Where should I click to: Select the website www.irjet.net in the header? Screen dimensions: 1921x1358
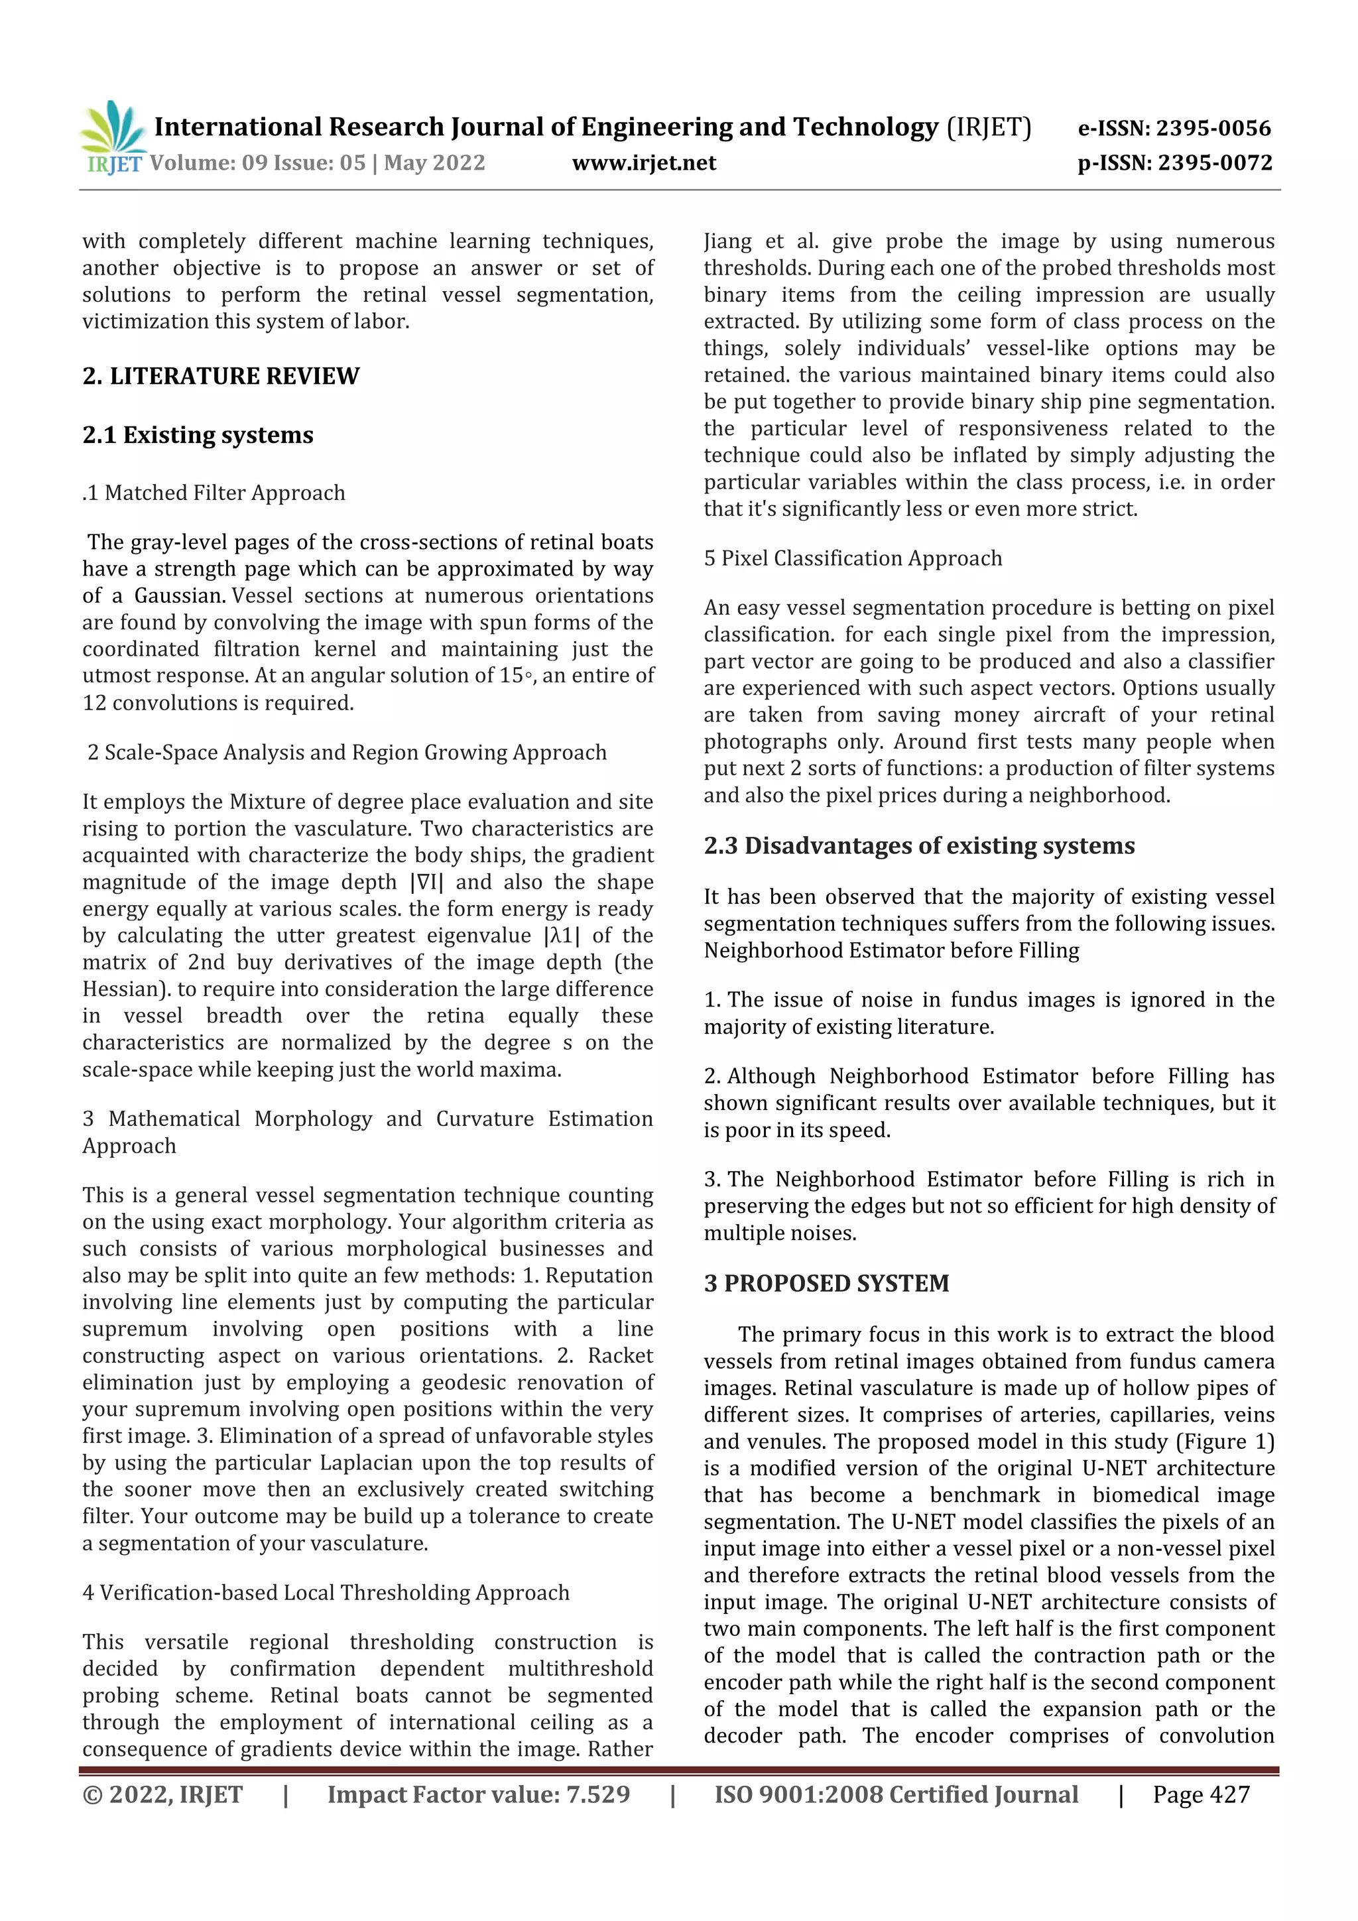tap(643, 163)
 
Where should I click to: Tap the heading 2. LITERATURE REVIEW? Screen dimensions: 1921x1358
tap(221, 377)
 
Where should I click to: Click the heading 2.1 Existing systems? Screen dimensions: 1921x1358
tap(198, 435)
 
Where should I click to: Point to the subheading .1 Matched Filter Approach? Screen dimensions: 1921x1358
tap(214, 493)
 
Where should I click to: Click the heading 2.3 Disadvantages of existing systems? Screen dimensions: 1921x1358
tap(919, 846)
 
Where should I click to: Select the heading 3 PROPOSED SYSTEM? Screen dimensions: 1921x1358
tap(826, 1284)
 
